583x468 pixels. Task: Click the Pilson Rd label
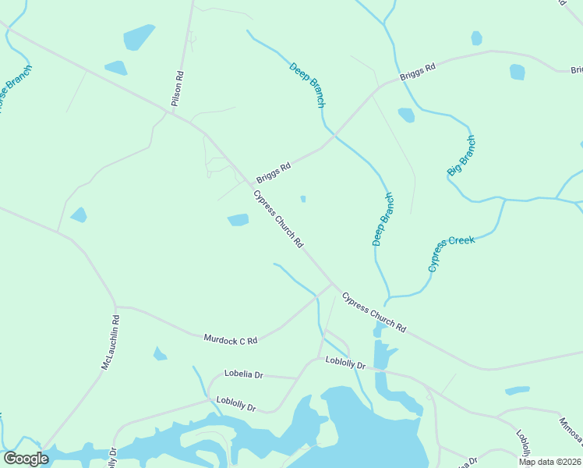click(x=179, y=90)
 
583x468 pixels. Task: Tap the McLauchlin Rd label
click(x=110, y=342)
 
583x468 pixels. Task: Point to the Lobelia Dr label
click(x=243, y=374)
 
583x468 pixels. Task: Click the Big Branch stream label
click(x=461, y=155)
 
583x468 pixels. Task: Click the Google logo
click(x=26, y=459)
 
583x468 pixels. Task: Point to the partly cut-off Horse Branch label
click(x=15, y=89)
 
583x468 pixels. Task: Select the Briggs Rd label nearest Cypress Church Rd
click(x=274, y=172)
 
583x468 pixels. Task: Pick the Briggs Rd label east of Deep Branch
click(x=417, y=73)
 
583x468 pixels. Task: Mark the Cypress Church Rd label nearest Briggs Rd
click(x=278, y=218)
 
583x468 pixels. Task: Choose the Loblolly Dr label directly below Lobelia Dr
click(x=236, y=404)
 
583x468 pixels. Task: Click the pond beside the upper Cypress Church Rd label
click(x=238, y=220)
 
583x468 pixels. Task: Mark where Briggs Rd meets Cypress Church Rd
click(x=250, y=185)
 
